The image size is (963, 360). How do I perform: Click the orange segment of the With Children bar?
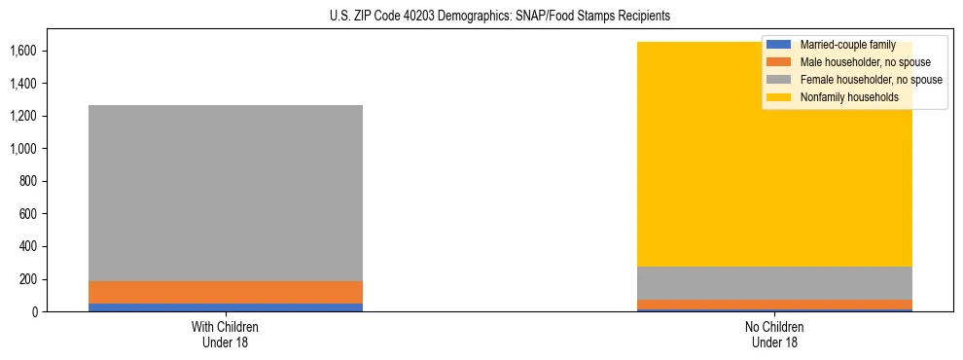[x=226, y=292]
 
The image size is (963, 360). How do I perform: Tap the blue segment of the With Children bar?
[x=226, y=307]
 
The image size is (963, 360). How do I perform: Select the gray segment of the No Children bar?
[x=775, y=283]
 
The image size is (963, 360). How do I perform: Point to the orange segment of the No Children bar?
[x=775, y=305]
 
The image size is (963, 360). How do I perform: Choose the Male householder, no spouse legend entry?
[x=857, y=62]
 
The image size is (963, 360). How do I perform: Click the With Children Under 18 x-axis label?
[x=226, y=335]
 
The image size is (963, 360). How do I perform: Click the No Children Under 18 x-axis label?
[x=775, y=335]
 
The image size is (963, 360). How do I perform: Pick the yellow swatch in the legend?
[x=779, y=97]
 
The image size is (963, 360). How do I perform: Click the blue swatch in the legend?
[x=779, y=45]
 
